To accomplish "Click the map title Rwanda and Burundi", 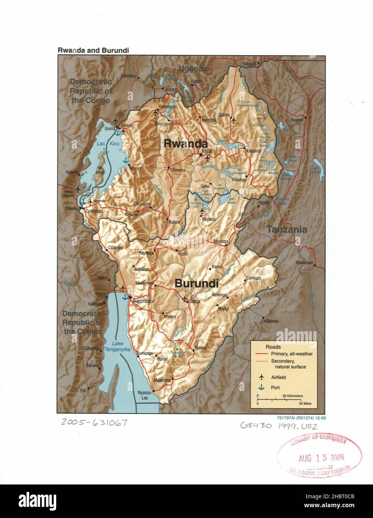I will click(x=93, y=50).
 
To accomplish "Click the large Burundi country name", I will click(x=196, y=284).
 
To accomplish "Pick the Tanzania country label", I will click(x=287, y=230).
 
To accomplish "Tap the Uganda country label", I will click(x=192, y=69).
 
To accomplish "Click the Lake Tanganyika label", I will click(x=117, y=346).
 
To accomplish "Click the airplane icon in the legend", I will click(x=261, y=377).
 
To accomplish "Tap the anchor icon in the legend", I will click(x=261, y=388).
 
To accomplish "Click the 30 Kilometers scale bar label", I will click(x=292, y=395).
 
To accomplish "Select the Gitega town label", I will click(x=195, y=301).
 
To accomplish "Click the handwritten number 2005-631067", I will click(x=95, y=423).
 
